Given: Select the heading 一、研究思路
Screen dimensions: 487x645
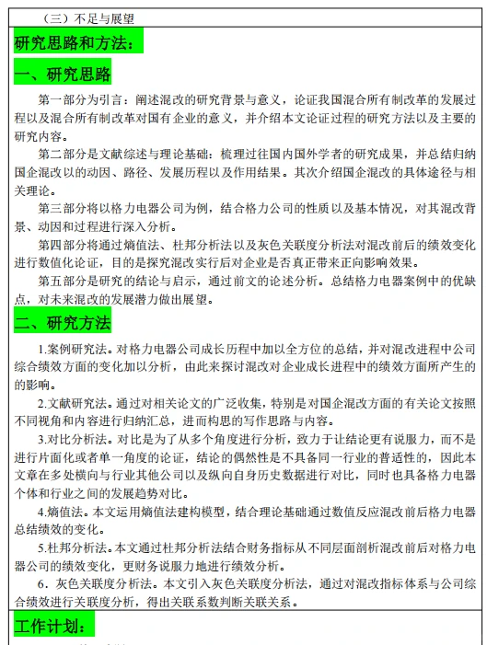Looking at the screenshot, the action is (63, 74).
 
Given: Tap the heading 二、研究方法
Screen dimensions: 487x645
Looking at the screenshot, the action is (63, 322).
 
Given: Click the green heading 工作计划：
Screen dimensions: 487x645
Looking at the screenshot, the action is (54, 627).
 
